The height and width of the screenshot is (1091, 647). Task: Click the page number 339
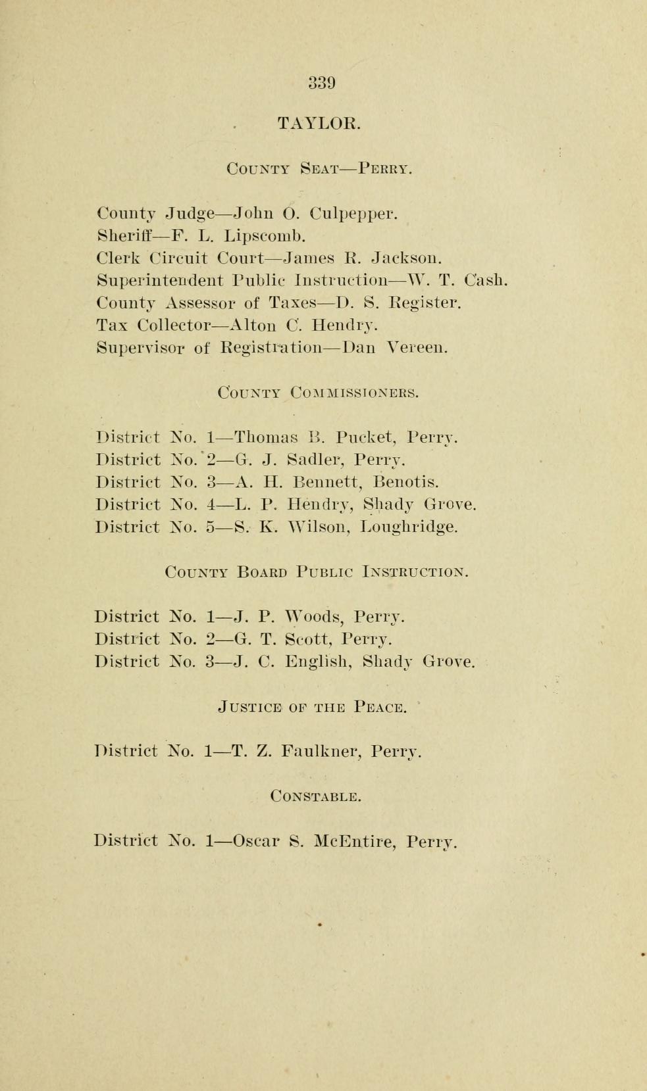click(322, 84)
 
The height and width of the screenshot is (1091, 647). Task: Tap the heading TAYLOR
click(319, 124)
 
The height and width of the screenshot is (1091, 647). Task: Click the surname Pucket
click(365, 437)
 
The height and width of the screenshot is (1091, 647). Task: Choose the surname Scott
click(307, 639)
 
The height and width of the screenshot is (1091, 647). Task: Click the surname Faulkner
click(321, 751)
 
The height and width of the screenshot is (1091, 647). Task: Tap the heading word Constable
click(316, 796)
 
